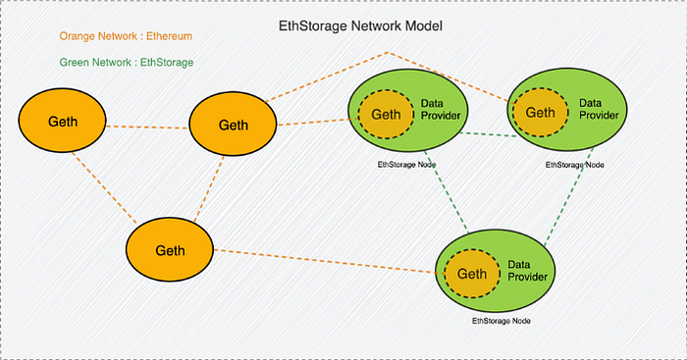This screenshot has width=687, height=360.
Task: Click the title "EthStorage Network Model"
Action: coord(360,26)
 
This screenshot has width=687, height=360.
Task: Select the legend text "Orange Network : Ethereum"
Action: coord(126,36)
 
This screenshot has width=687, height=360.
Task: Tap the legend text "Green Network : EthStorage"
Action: coord(127,63)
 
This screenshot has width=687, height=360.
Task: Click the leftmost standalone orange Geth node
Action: coord(62,121)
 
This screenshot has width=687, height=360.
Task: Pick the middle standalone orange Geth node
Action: coord(233,124)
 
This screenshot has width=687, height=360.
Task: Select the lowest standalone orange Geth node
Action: coord(170,249)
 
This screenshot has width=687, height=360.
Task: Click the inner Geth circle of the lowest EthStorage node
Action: coord(472,274)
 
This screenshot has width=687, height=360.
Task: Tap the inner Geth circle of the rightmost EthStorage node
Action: coord(540,113)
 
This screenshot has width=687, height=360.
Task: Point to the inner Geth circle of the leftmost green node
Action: coord(386,115)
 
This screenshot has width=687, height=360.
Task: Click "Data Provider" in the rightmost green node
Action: coord(599,109)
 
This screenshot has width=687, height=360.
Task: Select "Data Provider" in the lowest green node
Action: coord(528,271)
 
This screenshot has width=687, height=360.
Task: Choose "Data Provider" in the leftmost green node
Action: coord(441,110)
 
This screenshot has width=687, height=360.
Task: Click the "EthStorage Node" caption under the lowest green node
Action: coord(502,321)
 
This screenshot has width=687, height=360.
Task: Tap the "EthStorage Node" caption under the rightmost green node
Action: coord(575,165)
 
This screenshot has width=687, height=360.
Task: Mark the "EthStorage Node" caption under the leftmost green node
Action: coord(406,165)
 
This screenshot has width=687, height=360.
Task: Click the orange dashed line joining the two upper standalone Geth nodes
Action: coord(147,128)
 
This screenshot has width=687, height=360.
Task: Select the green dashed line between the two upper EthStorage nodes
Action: coord(489,134)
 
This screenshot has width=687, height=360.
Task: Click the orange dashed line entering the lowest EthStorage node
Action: coord(330,262)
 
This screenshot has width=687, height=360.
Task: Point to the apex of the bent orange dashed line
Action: coord(389,53)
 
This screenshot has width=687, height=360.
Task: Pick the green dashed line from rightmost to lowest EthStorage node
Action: coord(568,196)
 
